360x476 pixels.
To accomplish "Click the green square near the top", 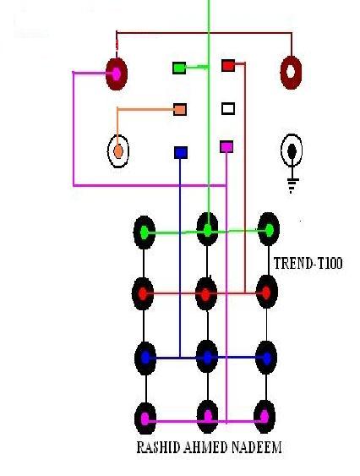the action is [179, 68].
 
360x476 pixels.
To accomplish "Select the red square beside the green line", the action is [228, 65].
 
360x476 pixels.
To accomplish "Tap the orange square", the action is [180, 109].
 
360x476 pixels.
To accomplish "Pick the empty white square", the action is [228, 108].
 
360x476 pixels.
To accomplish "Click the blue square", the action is [181, 152].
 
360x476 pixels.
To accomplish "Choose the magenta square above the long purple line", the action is [226, 147].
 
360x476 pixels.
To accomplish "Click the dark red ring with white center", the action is [291, 72].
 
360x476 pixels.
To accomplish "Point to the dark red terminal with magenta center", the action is [117, 74].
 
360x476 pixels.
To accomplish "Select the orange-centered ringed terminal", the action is [118, 151].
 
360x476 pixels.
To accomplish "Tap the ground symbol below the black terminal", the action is [292, 185].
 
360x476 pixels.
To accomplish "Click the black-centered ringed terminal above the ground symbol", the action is [292, 150].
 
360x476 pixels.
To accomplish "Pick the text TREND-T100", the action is [308, 263].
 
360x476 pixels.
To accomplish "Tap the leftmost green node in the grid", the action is [145, 233].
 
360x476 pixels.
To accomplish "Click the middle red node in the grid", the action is [206, 294].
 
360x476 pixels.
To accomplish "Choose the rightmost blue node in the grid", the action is [266, 358].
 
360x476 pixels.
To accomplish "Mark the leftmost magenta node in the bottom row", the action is [145, 419].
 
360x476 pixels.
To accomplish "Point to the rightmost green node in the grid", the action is [269, 230].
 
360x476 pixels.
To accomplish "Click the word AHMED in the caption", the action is [206, 447].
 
